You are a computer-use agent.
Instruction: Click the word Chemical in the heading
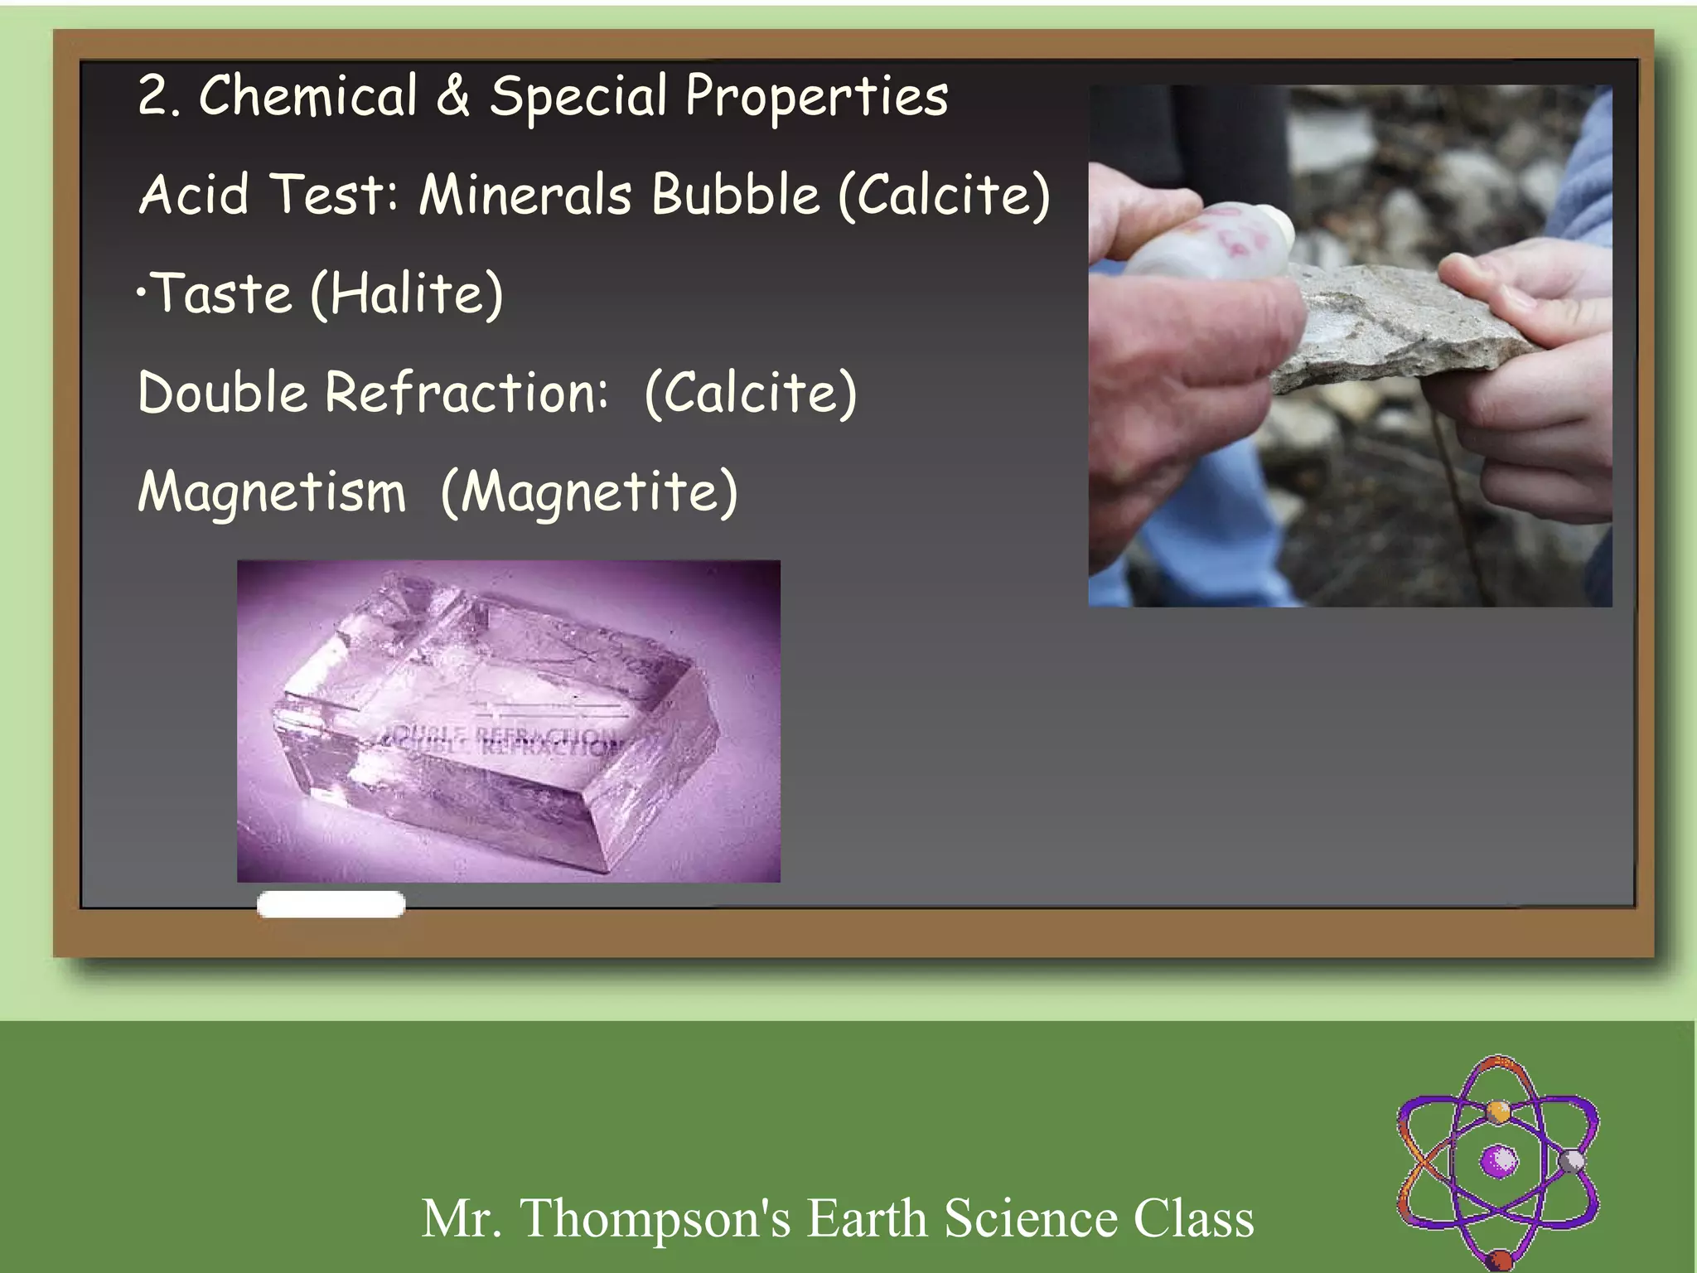pyautogui.click(x=307, y=96)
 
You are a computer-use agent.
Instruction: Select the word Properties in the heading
pyautogui.click(x=816, y=98)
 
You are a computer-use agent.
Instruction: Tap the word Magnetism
pyautogui.click(x=272, y=491)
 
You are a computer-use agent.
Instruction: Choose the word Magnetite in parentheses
pyautogui.click(x=589, y=491)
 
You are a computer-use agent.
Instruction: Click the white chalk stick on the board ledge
pyautogui.click(x=331, y=904)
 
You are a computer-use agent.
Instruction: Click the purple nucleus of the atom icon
pyautogui.click(x=1499, y=1160)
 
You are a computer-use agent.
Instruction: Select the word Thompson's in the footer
pyautogui.click(x=655, y=1218)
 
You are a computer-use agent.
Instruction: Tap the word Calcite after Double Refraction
pyautogui.click(x=750, y=392)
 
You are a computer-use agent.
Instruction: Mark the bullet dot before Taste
pyautogui.click(x=142, y=292)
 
